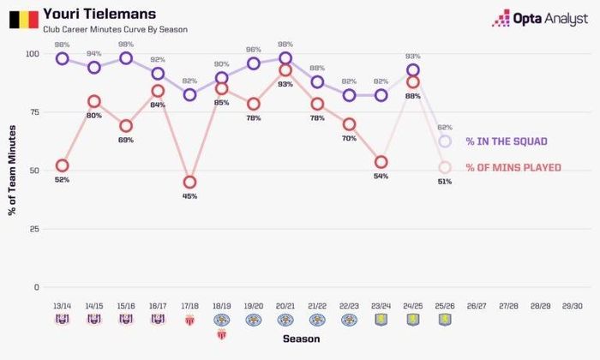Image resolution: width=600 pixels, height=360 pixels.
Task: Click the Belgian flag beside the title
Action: click(24, 20)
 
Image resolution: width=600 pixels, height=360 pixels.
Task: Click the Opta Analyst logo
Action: click(539, 18)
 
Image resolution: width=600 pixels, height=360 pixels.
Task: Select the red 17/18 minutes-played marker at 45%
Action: click(189, 182)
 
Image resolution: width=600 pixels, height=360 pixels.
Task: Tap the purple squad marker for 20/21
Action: click(285, 58)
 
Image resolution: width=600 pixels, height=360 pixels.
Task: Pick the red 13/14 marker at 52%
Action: click(62, 165)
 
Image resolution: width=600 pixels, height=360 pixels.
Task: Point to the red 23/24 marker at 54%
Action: click(381, 162)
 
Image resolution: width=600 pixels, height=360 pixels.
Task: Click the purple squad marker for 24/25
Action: click(413, 70)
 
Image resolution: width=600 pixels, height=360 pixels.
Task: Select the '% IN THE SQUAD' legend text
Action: click(507, 141)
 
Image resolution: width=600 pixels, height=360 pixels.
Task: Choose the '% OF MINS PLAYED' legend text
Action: click(513, 167)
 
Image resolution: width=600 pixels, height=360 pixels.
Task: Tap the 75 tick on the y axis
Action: click(34, 112)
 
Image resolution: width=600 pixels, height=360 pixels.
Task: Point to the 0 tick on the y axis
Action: click(36, 287)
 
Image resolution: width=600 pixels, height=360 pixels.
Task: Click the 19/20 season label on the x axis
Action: click(254, 306)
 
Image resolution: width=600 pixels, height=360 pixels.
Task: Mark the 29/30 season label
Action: click(573, 306)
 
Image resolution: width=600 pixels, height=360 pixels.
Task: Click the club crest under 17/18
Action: click(189, 320)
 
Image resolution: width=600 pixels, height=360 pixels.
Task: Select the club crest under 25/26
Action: click(445, 320)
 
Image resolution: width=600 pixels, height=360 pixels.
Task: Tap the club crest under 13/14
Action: click(63, 319)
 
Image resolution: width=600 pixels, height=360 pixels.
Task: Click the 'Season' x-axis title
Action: click(302, 339)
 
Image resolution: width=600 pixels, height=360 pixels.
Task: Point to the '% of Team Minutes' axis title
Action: click(12, 171)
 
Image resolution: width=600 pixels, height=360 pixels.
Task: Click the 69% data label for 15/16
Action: click(126, 141)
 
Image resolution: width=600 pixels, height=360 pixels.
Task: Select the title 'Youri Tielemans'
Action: click(99, 15)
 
